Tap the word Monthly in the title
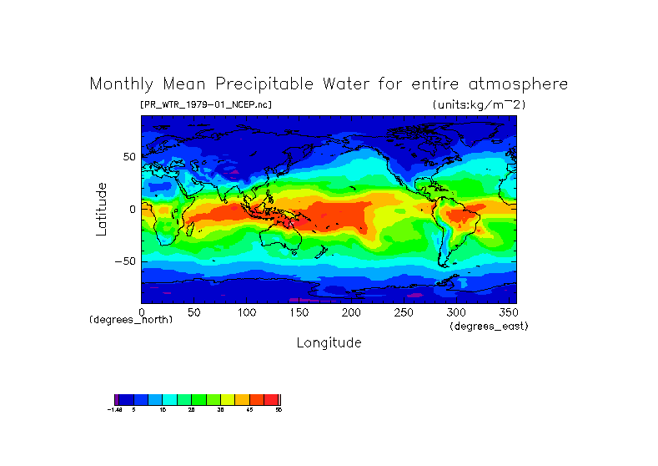pos(123,84)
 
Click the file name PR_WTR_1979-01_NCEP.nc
pos(205,105)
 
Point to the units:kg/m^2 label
pos(479,105)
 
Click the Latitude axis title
pos(102,209)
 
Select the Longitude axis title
pos(329,342)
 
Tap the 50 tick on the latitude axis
pos(129,157)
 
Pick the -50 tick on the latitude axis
pos(126,261)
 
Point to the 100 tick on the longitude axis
pos(246,312)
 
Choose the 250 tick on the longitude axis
pos(403,312)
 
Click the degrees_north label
pos(131,320)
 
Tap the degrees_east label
pos(489,326)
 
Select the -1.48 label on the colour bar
pos(115,410)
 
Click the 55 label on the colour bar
pos(279,410)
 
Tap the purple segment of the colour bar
pos(117,399)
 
